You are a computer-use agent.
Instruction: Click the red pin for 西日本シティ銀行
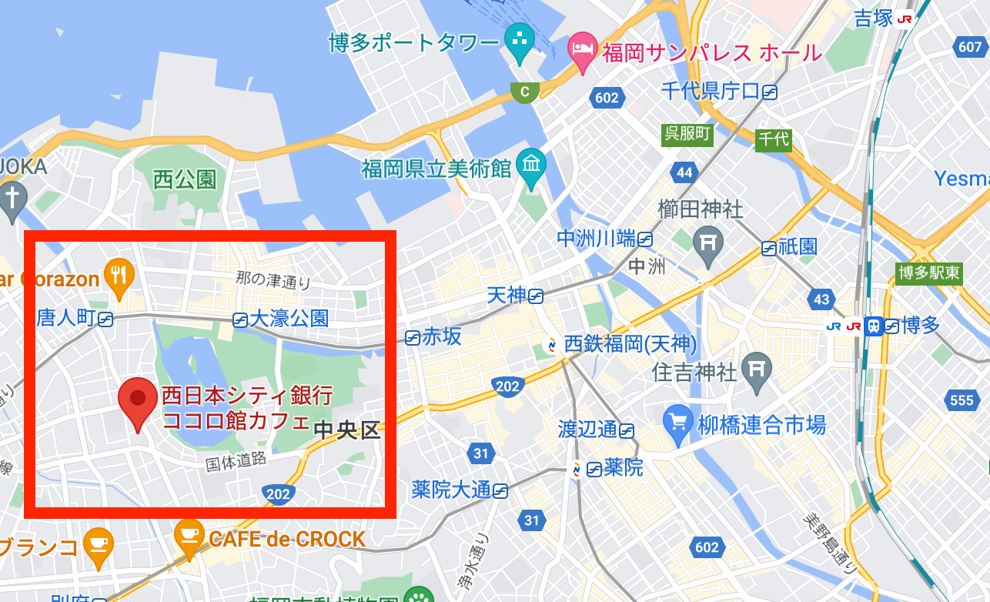point(137,400)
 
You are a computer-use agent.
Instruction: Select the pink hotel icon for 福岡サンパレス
point(583,50)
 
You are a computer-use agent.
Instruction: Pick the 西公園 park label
point(185,180)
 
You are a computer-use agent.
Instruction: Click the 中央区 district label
point(348,430)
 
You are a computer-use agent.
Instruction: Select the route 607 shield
point(970,47)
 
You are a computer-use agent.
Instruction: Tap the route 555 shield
point(962,400)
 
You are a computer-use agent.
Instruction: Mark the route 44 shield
point(684,172)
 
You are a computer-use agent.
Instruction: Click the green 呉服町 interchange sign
point(687,134)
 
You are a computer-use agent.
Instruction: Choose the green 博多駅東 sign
point(930,273)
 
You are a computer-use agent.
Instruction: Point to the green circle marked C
point(525,92)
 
